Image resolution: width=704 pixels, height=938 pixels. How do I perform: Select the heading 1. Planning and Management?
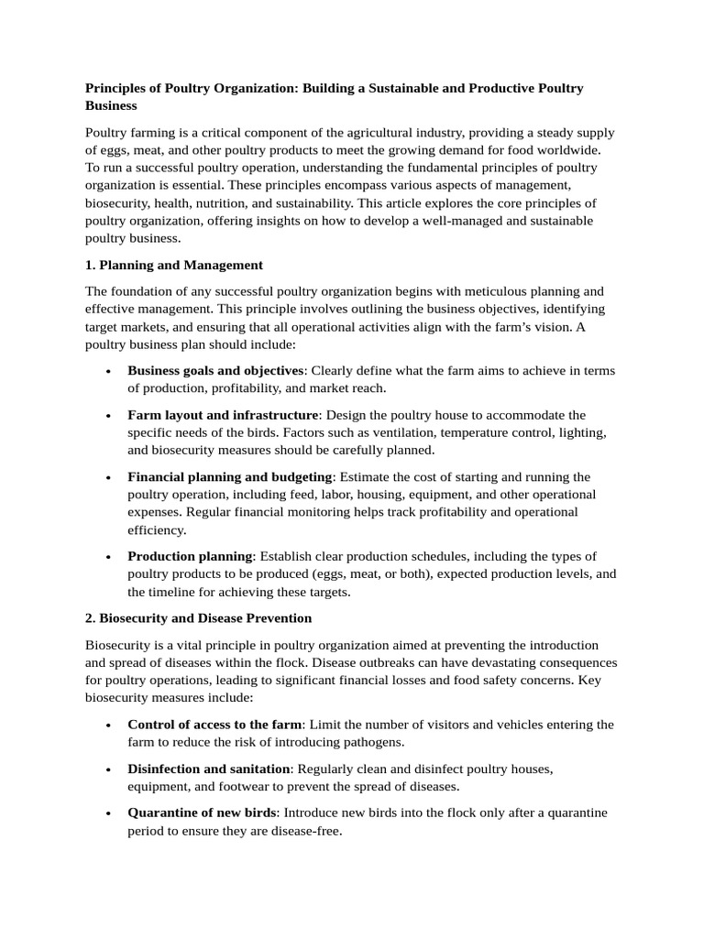(x=174, y=265)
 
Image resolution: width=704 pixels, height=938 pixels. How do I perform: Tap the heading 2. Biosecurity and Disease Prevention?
(x=199, y=618)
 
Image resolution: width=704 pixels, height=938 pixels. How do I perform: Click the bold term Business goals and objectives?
(x=215, y=370)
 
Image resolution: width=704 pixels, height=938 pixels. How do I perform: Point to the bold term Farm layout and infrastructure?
(x=223, y=415)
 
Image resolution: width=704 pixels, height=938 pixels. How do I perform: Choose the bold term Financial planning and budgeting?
(x=229, y=476)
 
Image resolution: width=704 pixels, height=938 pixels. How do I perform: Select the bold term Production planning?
(x=190, y=556)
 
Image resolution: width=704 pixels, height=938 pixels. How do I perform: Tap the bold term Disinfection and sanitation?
(x=209, y=769)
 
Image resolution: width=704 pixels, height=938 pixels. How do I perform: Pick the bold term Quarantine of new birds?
(x=202, y=813)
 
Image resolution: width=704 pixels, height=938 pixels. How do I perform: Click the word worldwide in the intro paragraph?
(x=571, y=149)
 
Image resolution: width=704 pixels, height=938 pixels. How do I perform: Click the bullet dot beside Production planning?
(x=108, y=557)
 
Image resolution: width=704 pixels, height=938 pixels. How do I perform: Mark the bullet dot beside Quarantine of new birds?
(x=108, y=813)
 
